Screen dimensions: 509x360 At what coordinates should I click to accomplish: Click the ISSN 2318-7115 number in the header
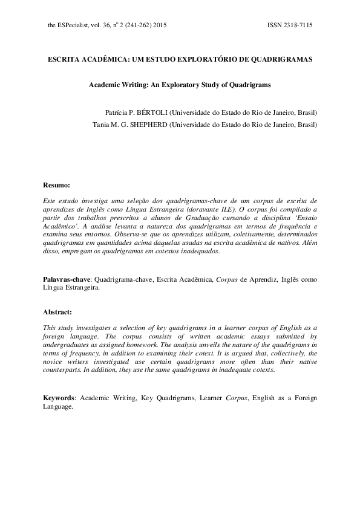point(289,26)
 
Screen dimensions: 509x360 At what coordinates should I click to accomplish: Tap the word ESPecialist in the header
point(71,26)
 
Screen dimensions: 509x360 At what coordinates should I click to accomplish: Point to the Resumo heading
point(57,184)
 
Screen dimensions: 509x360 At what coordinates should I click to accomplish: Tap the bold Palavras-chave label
point(67,280)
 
